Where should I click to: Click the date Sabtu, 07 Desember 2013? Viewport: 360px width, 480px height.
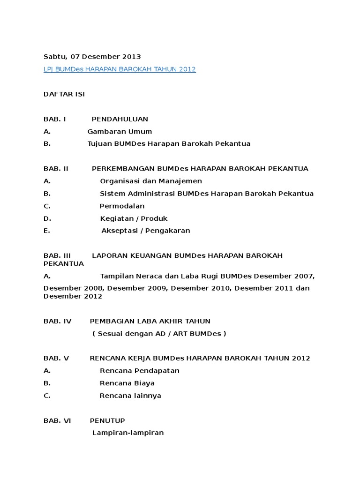click(92, 57)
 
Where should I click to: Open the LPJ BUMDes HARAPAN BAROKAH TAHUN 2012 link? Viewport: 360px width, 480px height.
click(120, 69)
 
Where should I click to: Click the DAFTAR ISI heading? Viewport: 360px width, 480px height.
click(64, 94)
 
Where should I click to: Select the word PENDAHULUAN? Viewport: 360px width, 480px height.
click(120, 119)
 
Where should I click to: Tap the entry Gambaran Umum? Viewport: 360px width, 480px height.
click(120, 132)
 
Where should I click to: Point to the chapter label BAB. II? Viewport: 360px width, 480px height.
click(56, 169)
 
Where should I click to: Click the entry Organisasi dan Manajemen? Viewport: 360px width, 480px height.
click(151, 181)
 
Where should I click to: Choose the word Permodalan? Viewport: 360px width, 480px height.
click(122, 206)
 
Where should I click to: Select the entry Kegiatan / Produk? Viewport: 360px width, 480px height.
click(134, 218)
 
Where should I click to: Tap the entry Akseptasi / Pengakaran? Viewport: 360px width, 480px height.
click(146, 231)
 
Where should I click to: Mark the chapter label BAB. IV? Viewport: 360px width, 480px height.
click(57, 321)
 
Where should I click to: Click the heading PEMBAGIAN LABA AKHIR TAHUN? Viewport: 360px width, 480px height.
click(150, 321)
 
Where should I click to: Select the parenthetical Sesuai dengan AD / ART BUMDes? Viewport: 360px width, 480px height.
click(159, 334)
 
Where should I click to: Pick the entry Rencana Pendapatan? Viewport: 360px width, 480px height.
click(140, 371)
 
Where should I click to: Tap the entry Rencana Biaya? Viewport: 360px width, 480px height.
click(127, 383)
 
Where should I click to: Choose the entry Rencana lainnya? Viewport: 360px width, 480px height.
click(130, 396)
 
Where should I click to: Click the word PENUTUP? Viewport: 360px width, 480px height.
click(107, 420)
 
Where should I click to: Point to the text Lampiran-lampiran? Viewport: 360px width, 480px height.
click(128, 433)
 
